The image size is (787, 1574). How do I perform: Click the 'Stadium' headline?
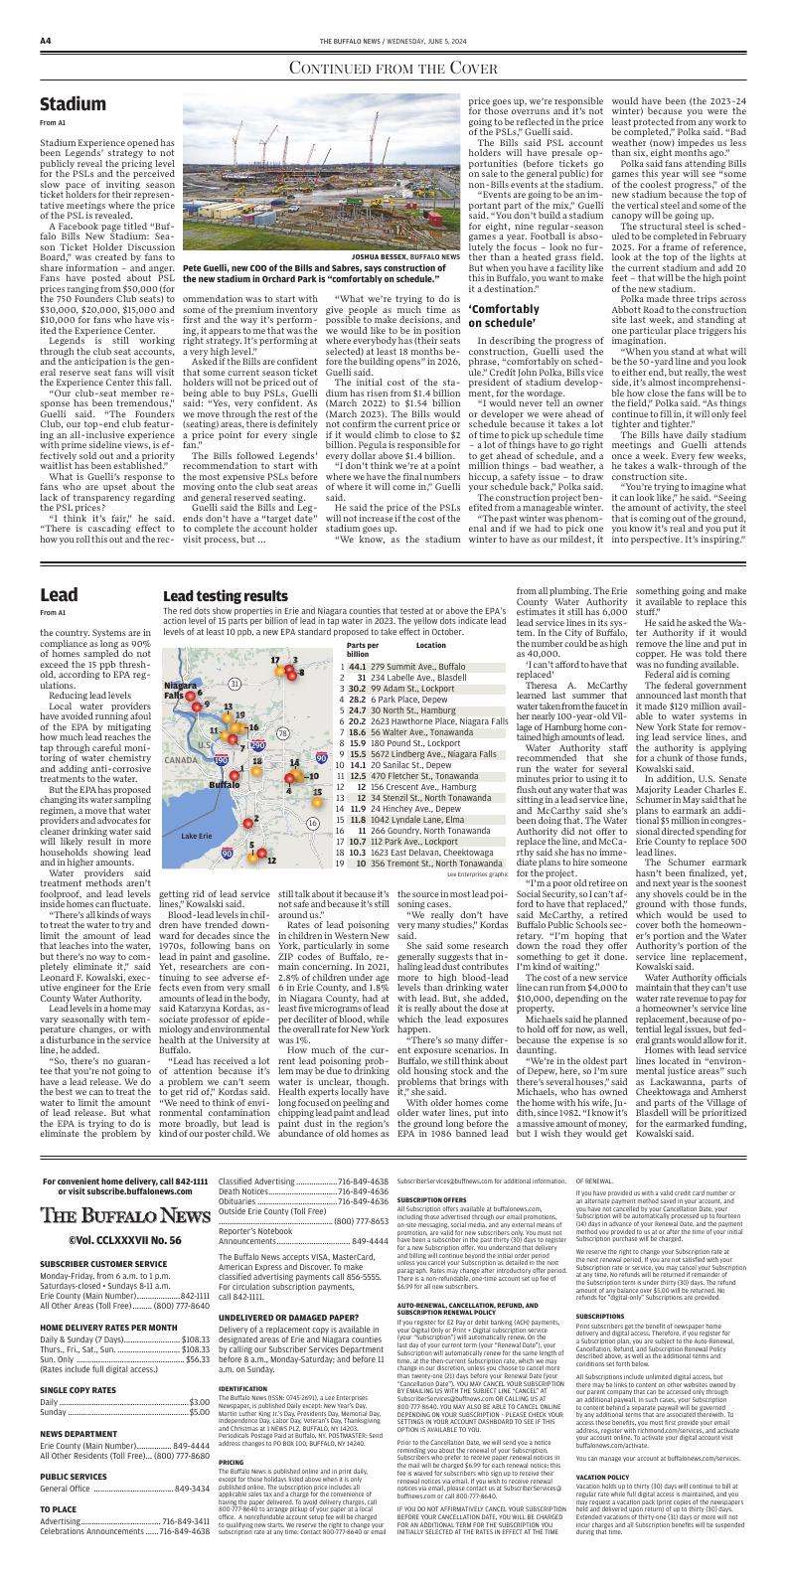(73, 104)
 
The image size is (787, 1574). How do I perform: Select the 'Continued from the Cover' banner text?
(393, 68)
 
